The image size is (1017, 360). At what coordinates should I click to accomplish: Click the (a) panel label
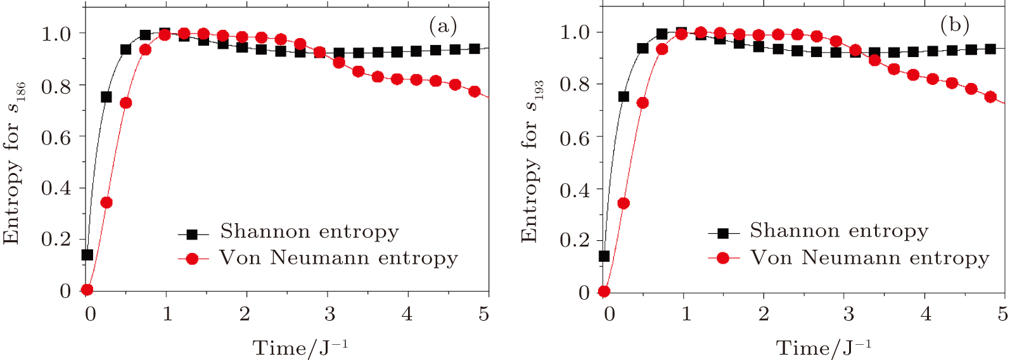(443, 26)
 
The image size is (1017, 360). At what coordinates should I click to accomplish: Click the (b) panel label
(955, 25)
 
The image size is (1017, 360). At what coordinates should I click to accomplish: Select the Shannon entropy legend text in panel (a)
(309, 232)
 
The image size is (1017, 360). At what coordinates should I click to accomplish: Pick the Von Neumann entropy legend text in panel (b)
(869, 258)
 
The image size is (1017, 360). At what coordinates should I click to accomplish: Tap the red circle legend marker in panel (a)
(193, 259)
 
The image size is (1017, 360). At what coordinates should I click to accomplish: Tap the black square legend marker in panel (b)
(724, 233)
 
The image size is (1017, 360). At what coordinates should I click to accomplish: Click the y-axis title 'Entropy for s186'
(14, 163)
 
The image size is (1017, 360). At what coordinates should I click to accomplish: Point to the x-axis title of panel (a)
(300, 347)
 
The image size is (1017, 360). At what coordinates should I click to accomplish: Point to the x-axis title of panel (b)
(824, 347)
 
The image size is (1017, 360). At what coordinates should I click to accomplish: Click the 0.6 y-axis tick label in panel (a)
(56, 137)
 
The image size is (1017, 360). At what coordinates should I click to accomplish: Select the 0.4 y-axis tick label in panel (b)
(574, 190)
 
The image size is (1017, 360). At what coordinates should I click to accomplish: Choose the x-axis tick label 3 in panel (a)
(329, 314)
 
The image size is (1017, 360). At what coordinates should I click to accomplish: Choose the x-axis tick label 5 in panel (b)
(1002, 314)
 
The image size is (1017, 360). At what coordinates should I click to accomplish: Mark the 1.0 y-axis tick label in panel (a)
(56, 34)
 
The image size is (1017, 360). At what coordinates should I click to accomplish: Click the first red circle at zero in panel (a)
(87, 290)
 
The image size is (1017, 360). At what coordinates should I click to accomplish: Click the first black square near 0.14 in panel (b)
(604, 256)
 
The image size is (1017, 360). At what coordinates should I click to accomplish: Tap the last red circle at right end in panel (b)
(990, 97)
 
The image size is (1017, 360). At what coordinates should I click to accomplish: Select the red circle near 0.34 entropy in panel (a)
(106, 203)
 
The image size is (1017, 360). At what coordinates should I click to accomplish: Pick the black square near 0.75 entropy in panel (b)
(624, 96)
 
